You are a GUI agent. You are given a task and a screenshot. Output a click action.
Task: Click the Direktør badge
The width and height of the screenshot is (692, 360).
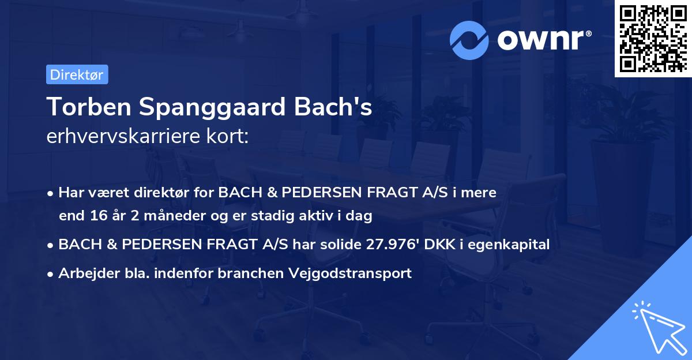pos(76,74)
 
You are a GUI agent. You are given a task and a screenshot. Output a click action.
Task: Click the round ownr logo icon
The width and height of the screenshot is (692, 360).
pos(469,40)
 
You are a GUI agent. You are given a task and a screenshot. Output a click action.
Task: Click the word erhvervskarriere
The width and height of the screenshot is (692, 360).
pos(116,137)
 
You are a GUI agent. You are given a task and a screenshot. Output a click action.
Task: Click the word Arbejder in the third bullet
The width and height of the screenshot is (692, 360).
pos(84,273)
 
